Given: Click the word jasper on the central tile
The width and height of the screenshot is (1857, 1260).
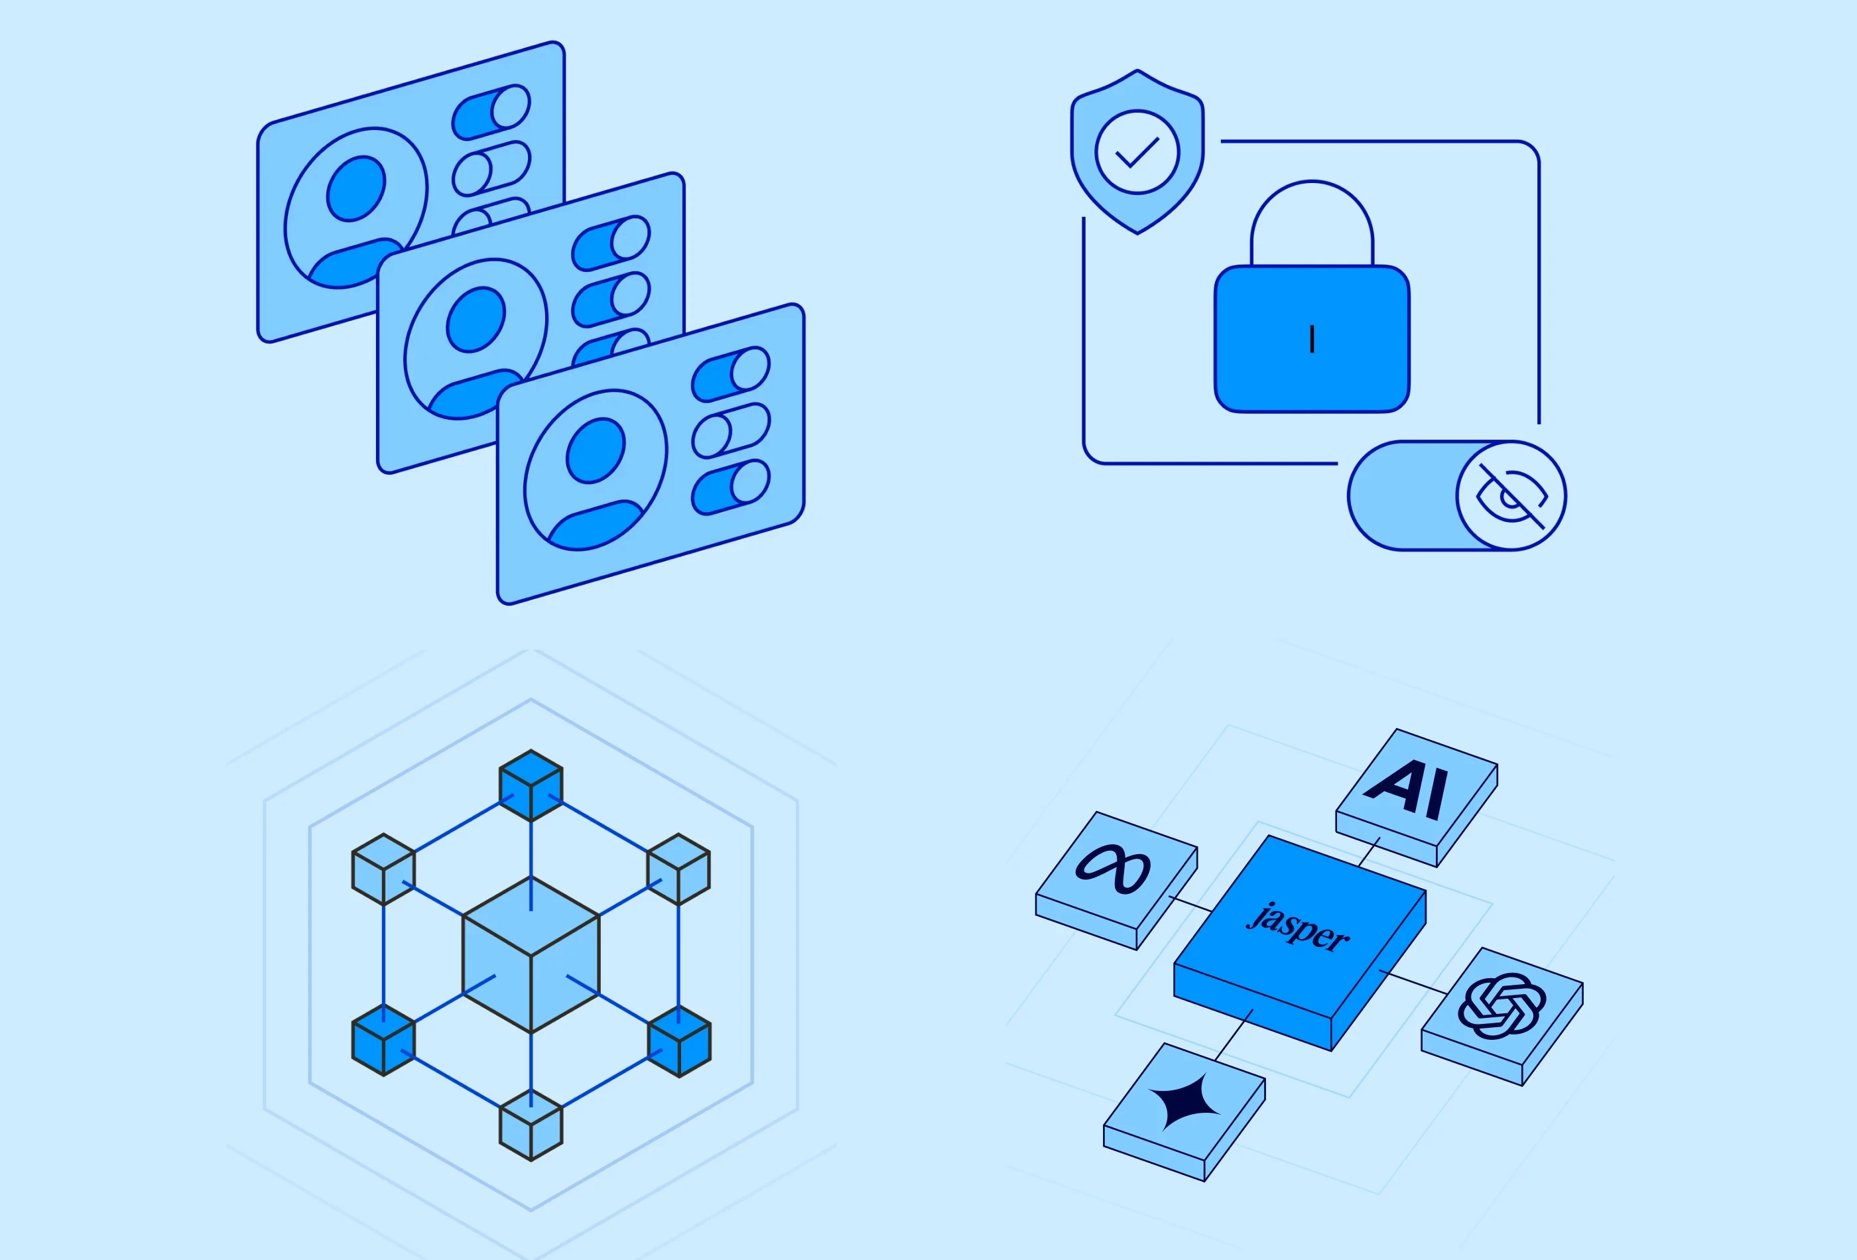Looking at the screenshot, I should coord(1298,928).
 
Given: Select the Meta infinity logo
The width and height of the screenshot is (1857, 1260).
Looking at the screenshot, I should coord(1112,870).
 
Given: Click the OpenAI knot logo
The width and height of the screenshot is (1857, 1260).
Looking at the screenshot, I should coord(1502,1005).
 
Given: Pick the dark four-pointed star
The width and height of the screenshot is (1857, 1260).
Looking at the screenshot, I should coord(1185,1102).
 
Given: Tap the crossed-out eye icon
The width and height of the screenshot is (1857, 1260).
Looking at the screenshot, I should coord(1511,496).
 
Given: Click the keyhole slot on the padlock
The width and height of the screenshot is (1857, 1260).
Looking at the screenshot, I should coord(1312,340).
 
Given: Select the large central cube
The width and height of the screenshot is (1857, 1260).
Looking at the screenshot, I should coord(531,955).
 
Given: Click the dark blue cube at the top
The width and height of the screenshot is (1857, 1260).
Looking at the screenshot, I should coord(531,785).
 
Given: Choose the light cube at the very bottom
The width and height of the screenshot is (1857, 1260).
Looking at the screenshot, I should coord(531,1125).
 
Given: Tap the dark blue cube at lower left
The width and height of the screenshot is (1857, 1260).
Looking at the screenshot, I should coord(383,1040).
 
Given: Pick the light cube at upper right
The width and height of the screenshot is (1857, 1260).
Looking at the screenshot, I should coord(678,869).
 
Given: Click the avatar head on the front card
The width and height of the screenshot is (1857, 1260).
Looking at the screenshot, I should coord(596,451).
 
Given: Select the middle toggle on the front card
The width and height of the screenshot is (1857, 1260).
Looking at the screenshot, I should coord(730,430).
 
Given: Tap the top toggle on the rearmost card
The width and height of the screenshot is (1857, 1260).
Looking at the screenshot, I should coord(491,112).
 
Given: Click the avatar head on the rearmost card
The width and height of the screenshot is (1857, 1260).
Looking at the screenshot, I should coord(355,188).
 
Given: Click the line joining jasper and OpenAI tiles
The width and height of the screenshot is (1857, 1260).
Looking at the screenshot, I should coord(1413,982).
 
